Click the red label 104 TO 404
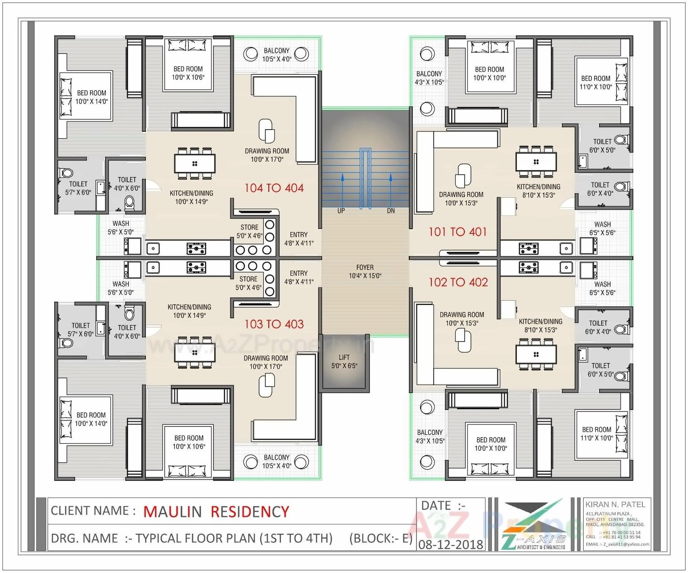pos(274,188)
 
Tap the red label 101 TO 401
pos(458,232)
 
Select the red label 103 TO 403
pos(274,324)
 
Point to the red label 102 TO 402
pos(458,282)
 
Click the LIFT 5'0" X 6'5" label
pos(344,361)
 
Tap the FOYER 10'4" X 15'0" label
pos(365,271)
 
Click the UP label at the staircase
pos(341,210)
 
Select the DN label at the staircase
pos(391,210)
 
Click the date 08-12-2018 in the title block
pos(450,544)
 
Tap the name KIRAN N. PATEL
pos(615,504)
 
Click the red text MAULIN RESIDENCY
pos(216,512)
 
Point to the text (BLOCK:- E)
pos(380,538)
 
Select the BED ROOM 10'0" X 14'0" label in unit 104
pos(91,97)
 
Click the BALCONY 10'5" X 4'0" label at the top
pos(276,55)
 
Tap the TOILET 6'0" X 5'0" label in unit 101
pos(602,146)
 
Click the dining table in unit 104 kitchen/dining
pos(195,163)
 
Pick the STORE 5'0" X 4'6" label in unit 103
pos(248,283)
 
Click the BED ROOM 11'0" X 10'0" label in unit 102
pos(596,433)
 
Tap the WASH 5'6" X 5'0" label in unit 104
pos(121,228)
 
